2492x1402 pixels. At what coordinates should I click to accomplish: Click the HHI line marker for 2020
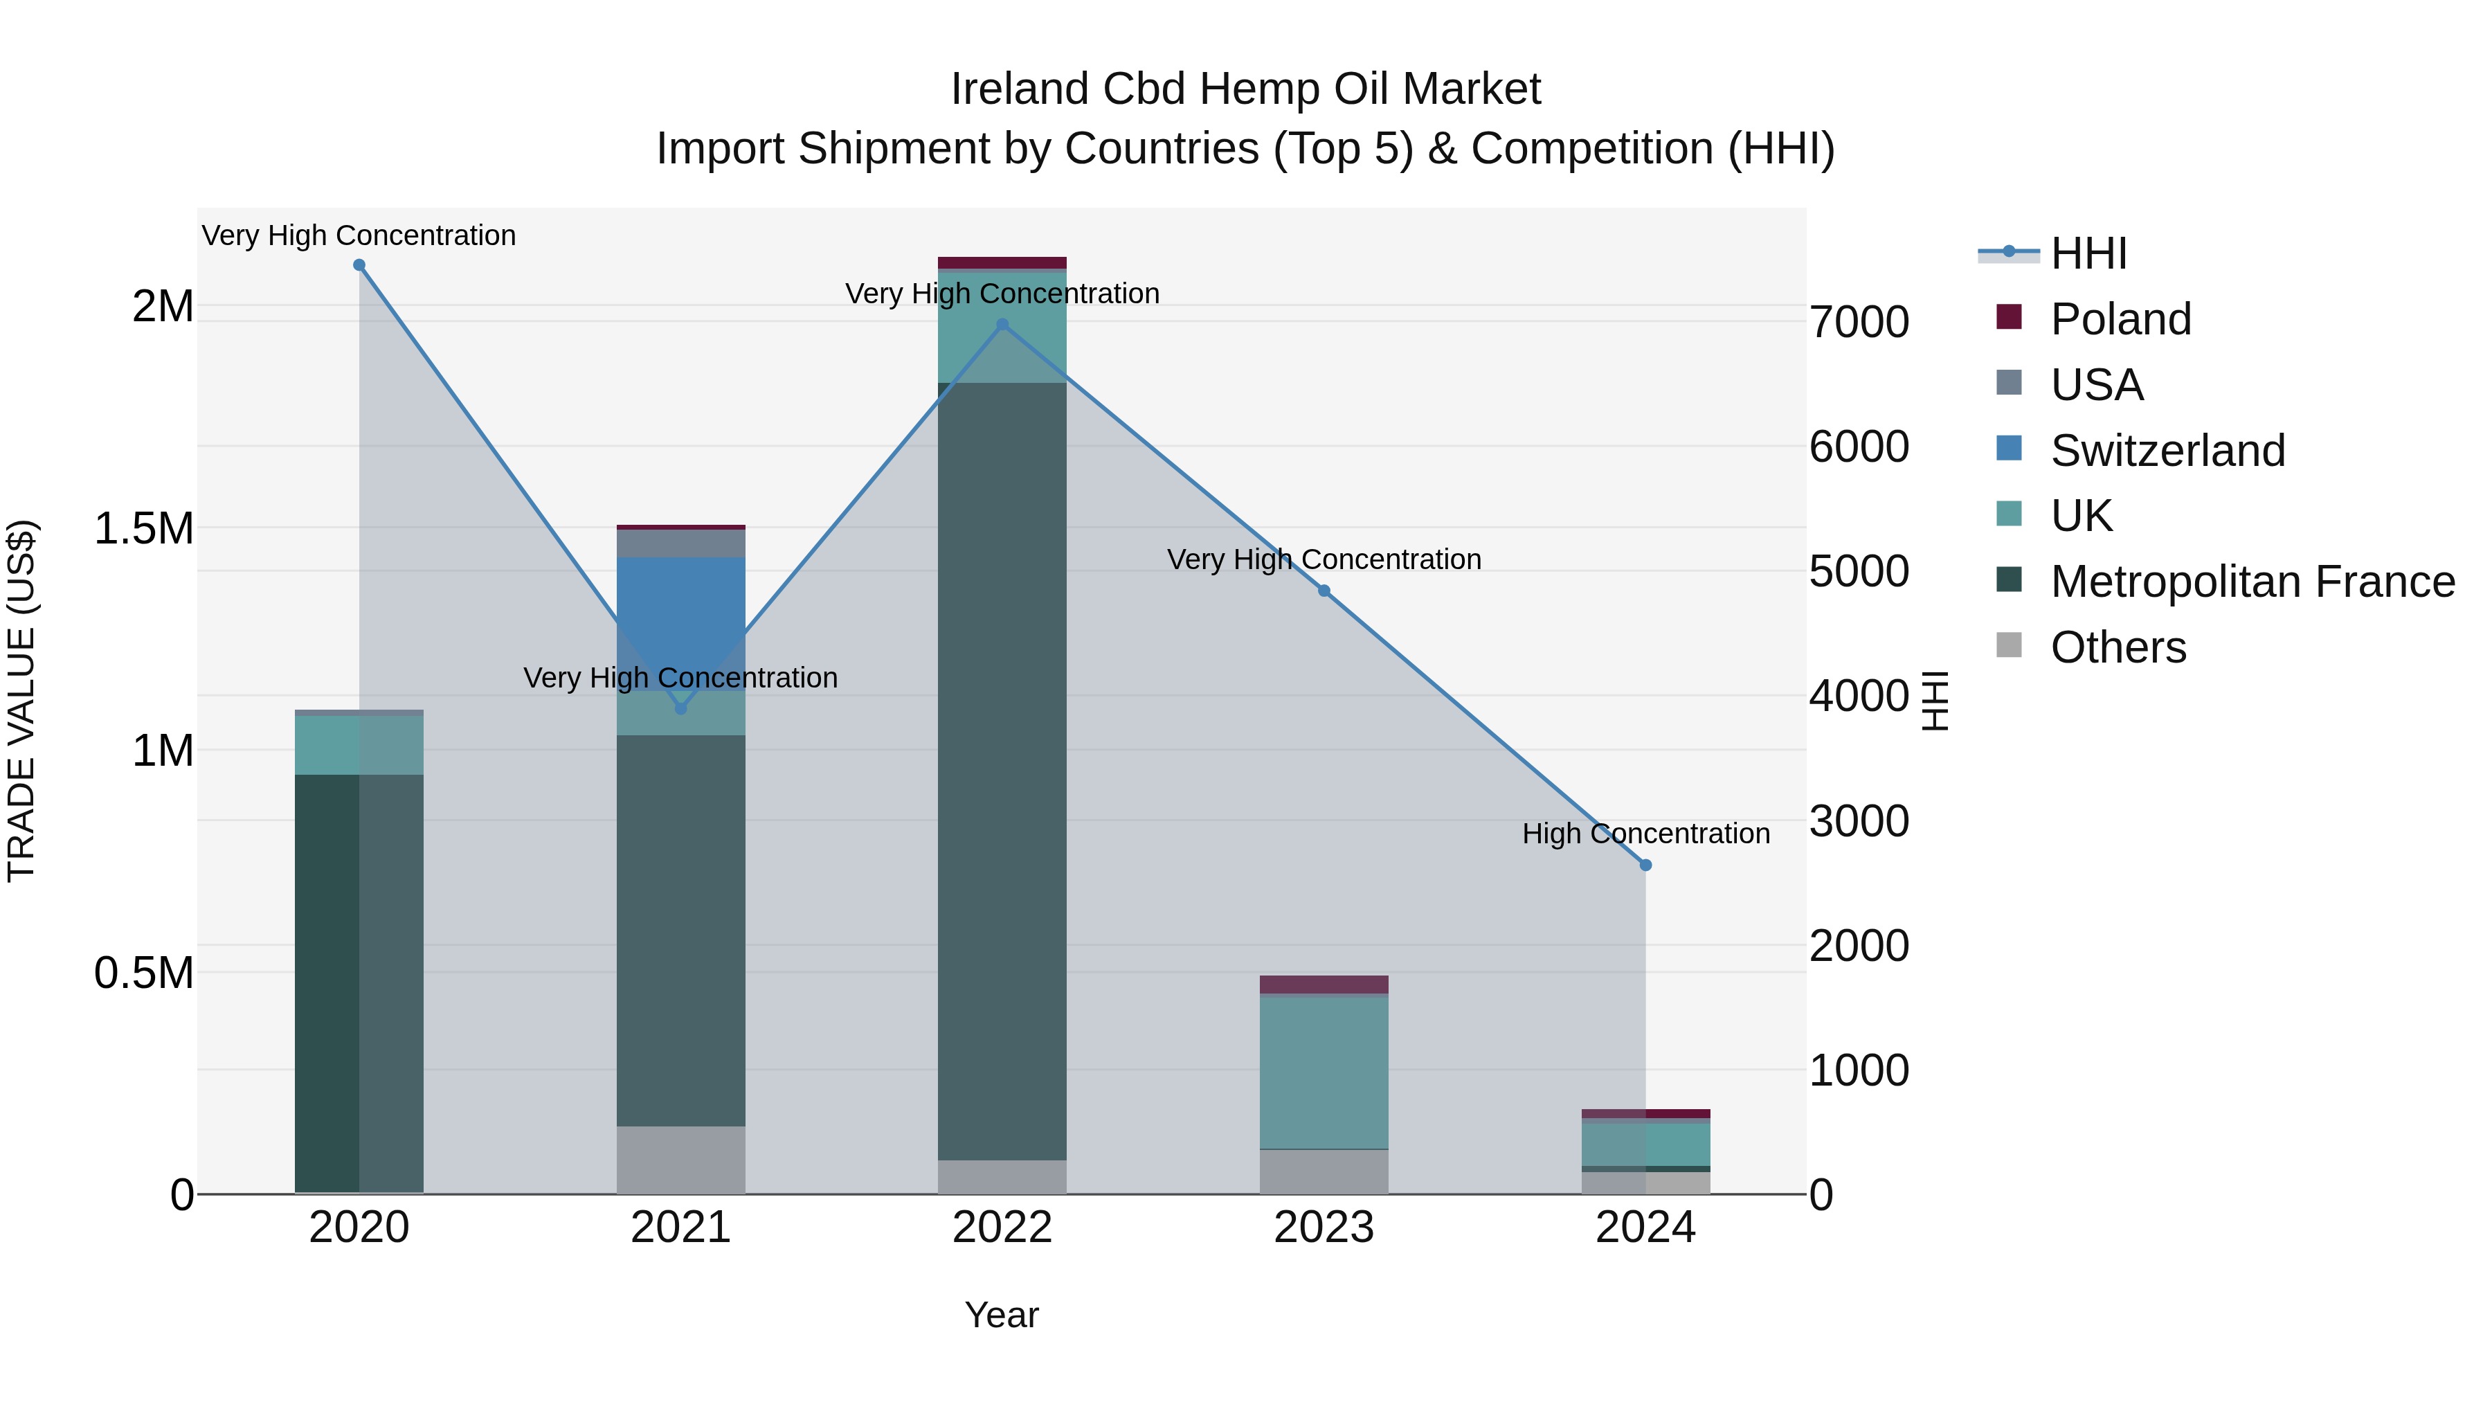[359, 265]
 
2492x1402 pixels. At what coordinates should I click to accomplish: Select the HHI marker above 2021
[681, 708]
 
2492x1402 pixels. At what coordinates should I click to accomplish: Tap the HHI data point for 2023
[1324, 590]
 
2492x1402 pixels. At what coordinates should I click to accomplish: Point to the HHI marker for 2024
[1645, 865]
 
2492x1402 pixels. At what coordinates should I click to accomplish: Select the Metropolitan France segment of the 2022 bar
[1002, 774]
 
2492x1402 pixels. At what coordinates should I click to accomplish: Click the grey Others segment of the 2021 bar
[681, 1159]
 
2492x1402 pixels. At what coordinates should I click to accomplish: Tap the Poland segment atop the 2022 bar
[1002, 262]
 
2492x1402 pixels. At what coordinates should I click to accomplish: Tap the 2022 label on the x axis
[1002, 1228]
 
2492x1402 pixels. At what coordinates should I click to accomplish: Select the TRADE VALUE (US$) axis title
[21, 701]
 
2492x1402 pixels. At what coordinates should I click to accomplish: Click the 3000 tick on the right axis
[1859, 821]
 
